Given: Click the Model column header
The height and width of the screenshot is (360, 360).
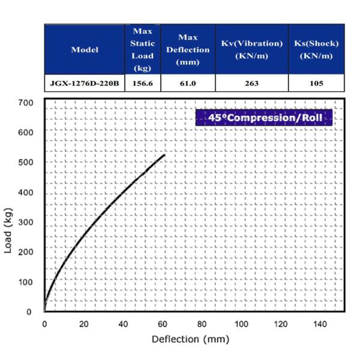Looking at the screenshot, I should coord(85,49).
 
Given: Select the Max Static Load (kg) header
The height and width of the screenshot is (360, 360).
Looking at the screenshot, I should coord(142,49).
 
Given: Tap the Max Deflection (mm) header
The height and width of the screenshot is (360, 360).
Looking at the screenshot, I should coord(188,49).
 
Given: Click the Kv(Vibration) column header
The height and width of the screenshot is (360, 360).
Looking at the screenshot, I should coord(251,49).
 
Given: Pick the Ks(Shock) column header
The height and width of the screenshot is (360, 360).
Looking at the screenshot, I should coord(316,49).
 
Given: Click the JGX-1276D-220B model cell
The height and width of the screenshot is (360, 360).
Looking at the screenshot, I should coord(85,83).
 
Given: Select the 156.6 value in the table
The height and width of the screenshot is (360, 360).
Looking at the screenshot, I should coord(142,83).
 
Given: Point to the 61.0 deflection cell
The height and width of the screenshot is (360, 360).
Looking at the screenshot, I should coord(188,83).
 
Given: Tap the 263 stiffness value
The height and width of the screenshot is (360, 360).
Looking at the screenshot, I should coord(251,83).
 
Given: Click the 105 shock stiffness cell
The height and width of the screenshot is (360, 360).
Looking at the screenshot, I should coord(316,83).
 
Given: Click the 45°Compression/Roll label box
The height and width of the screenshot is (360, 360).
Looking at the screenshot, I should coord(264,118).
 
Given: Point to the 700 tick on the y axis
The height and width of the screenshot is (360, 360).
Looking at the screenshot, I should coord(25,102).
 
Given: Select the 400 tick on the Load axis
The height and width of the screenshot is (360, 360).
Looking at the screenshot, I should coord(25,192).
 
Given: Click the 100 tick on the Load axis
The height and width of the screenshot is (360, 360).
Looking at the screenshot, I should coord(25,281).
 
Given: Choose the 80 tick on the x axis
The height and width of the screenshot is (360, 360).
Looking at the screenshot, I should coord(202,325).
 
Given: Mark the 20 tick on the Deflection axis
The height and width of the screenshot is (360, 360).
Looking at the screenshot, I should coord(83,325).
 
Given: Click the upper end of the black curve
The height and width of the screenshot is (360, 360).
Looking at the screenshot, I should coord(164,155).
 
